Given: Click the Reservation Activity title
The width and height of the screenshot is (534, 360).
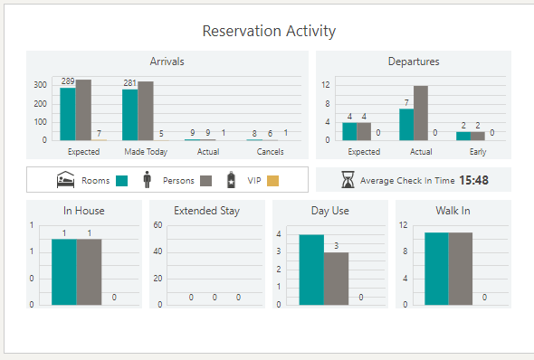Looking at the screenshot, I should tap(269, 31).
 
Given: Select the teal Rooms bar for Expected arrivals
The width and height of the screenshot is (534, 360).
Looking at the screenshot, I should tap(68, 114).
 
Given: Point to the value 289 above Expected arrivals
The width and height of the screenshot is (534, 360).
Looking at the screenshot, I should tap(68, 81).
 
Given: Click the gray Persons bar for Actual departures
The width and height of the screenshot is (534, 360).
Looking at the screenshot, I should tap(421, 113).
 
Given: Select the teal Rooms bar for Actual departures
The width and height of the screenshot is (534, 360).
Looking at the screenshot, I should tap(406, 125).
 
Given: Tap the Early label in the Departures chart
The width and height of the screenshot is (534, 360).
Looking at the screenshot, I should tap(478, 152).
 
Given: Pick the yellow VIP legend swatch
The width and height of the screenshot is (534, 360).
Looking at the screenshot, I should tap(273, 180).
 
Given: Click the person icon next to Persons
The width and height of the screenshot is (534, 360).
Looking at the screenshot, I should tap(148, 179).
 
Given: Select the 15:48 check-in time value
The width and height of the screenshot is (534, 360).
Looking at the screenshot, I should tap(473, 180).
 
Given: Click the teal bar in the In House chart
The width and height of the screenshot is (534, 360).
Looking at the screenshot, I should tap(64, 272).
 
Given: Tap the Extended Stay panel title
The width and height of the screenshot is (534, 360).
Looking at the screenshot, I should tap(206, 211).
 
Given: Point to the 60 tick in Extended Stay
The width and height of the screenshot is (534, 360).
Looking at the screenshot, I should tap(157, 224).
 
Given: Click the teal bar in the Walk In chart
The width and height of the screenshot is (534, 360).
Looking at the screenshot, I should tap(436, 270).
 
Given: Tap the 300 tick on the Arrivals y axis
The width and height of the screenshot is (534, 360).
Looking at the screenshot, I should tap(41, 84).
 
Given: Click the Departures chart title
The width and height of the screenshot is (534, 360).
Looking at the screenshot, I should tap(414, 62).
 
